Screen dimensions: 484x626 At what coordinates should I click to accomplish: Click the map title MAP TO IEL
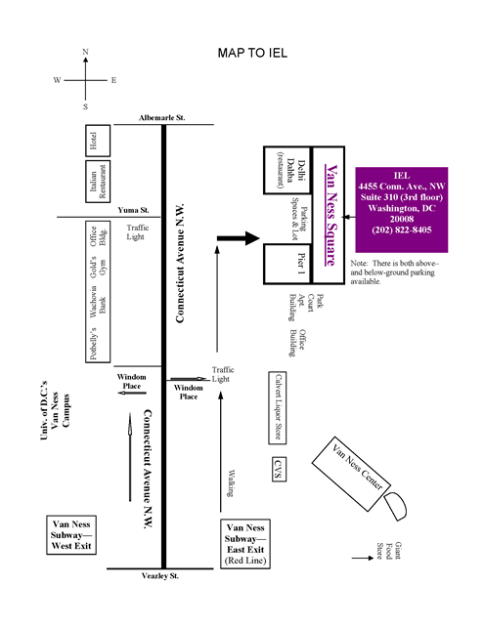252,53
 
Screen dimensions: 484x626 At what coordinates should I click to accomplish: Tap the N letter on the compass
85,52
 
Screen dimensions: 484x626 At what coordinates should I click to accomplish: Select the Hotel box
98,141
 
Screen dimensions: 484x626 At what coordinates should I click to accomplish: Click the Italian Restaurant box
98,182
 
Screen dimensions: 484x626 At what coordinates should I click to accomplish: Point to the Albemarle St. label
162,118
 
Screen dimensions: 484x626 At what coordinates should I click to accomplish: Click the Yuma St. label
133,210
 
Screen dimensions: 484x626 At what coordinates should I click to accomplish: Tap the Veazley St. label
160,575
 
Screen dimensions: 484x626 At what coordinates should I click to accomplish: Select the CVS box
279,469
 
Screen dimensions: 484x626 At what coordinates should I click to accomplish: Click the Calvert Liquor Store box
278,407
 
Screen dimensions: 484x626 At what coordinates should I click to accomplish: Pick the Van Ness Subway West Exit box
71,535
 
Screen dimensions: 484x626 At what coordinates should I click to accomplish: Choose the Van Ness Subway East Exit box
245,543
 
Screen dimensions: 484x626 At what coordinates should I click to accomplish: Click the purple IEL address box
402,210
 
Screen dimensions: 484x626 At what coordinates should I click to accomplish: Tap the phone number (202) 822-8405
402,230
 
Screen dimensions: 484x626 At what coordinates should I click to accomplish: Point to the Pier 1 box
287,264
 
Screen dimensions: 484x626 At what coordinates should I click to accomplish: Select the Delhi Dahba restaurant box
287,170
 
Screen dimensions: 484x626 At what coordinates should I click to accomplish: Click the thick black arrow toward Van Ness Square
239,238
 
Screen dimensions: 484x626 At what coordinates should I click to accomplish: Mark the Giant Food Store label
388,551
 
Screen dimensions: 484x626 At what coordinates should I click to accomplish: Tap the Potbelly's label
93,344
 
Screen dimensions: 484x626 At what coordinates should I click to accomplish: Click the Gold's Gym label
98,267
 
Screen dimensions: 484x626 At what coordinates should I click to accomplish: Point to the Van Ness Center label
357,467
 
